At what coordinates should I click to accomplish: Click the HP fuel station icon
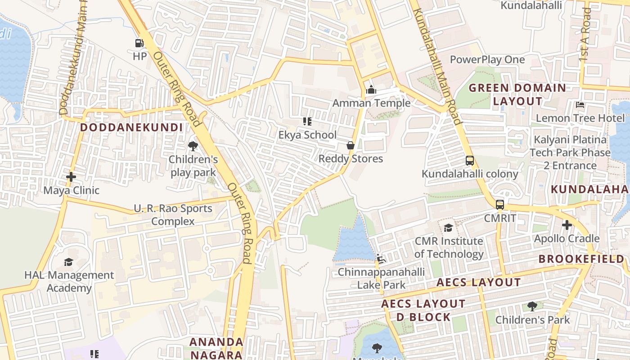tap(139, 43)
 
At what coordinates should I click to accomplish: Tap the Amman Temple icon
tap(371, 90)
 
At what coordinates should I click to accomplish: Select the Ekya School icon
tap(307, 121)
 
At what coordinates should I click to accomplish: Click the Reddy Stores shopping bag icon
tap(351, 145)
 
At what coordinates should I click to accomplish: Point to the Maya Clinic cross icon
tap(71, 177)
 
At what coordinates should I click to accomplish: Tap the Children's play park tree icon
tap(193, 146)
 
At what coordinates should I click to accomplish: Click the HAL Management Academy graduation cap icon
tap(68, 261)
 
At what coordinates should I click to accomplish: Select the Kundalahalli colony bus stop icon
tap(470, 160)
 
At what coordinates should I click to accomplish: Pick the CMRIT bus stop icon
tap(499, 205)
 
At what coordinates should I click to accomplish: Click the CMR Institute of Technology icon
tap(448, 228)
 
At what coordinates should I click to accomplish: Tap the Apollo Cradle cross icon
tap(567, 225)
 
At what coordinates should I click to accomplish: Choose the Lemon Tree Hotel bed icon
tap(580, 105)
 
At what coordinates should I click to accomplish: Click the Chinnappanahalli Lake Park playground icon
tap(381, 259)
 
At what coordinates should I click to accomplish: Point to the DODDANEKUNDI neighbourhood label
tap(131, 127)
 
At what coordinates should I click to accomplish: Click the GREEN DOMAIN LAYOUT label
tap(517, 94)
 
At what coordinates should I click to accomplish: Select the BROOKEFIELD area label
tap(581, 259)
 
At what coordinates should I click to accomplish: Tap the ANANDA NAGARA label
tap(216, 348)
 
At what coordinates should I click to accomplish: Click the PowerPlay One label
tap(487, 59)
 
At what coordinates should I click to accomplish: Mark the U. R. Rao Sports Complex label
tap(173, 215)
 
